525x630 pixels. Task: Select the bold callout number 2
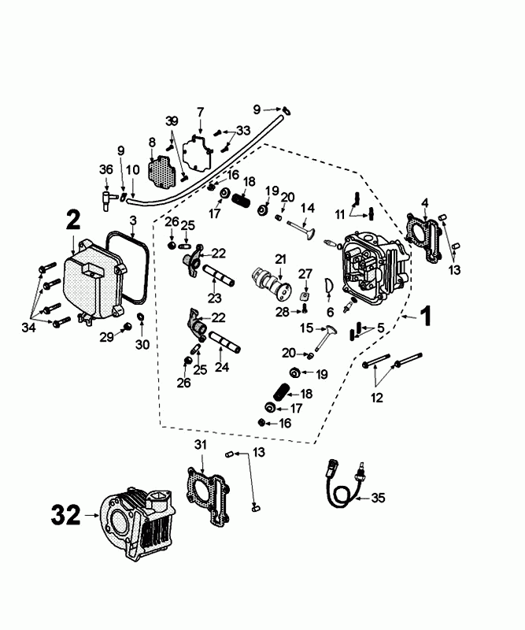(x=72, y=220)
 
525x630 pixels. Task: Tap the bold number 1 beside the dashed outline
(x=424, y=317)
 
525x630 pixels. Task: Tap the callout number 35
(x=378, y=498)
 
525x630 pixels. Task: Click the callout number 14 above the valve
(x=308, y=208)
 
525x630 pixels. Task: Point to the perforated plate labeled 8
(x=163, y=168)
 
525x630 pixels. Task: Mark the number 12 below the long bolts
(x=377, y=398)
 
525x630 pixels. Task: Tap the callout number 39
(x=172, y=120)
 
